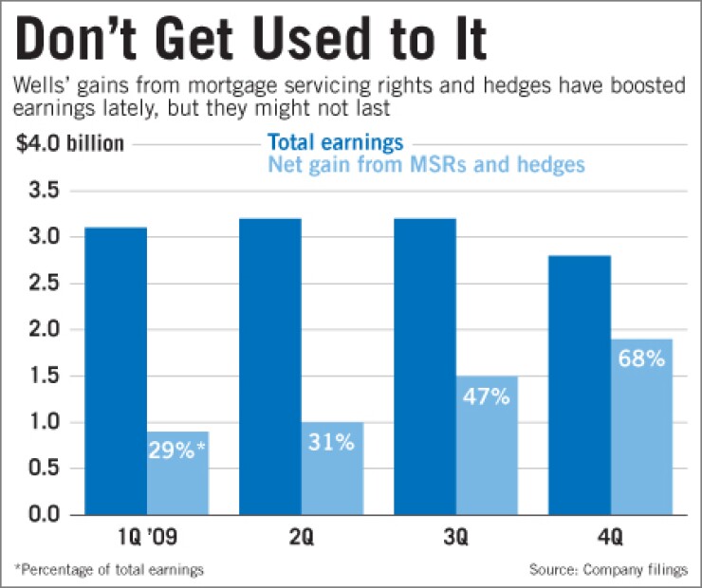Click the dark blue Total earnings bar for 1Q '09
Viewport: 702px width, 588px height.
click(x=115, y=370)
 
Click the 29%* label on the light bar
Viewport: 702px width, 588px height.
click(x=177, y=448)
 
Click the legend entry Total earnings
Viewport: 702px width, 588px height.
click(x=336, y=143)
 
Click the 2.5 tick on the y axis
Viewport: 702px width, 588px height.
click(x=42, y=283)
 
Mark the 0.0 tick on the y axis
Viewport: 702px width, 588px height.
click(x=42, y=514)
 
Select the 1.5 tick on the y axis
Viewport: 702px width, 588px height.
click(x=42, y=376)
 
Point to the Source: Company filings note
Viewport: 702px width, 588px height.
click(x=609, y=569)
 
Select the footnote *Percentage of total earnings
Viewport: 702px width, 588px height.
click(x=108, y=569)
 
